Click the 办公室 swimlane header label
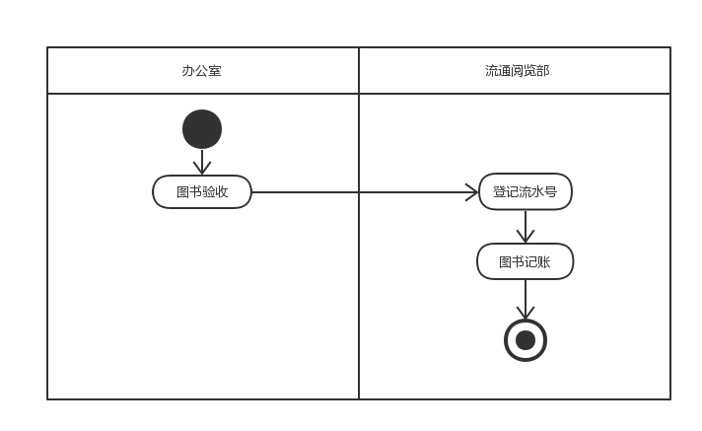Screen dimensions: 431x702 (x=201, y=71)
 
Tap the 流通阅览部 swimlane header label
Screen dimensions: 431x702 (x=517, y=71)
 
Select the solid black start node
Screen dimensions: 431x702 (x=202, y=129)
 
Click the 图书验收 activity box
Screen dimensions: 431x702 (x=202, y=192)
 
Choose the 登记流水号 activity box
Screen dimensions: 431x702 (x=526, y=192)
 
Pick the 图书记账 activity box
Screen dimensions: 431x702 (x=525, y=261)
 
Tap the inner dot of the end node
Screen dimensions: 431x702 (x=526, y=340)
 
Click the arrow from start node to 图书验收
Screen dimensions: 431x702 (x=202, y=161)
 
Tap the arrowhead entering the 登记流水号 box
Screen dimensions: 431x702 (x=472, y=192)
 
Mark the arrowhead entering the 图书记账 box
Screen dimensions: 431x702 (x=526, y=237)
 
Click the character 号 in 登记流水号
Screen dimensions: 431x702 (x=551, y=192)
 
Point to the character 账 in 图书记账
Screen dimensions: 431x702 (x=544, y=262)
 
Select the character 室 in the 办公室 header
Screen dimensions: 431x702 (x=214, y=71)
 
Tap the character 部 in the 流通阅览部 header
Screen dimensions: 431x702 (x=543, y=71)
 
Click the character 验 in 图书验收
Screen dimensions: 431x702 (x=208, y=192)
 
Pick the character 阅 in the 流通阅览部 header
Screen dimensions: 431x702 (x=518, y=71)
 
